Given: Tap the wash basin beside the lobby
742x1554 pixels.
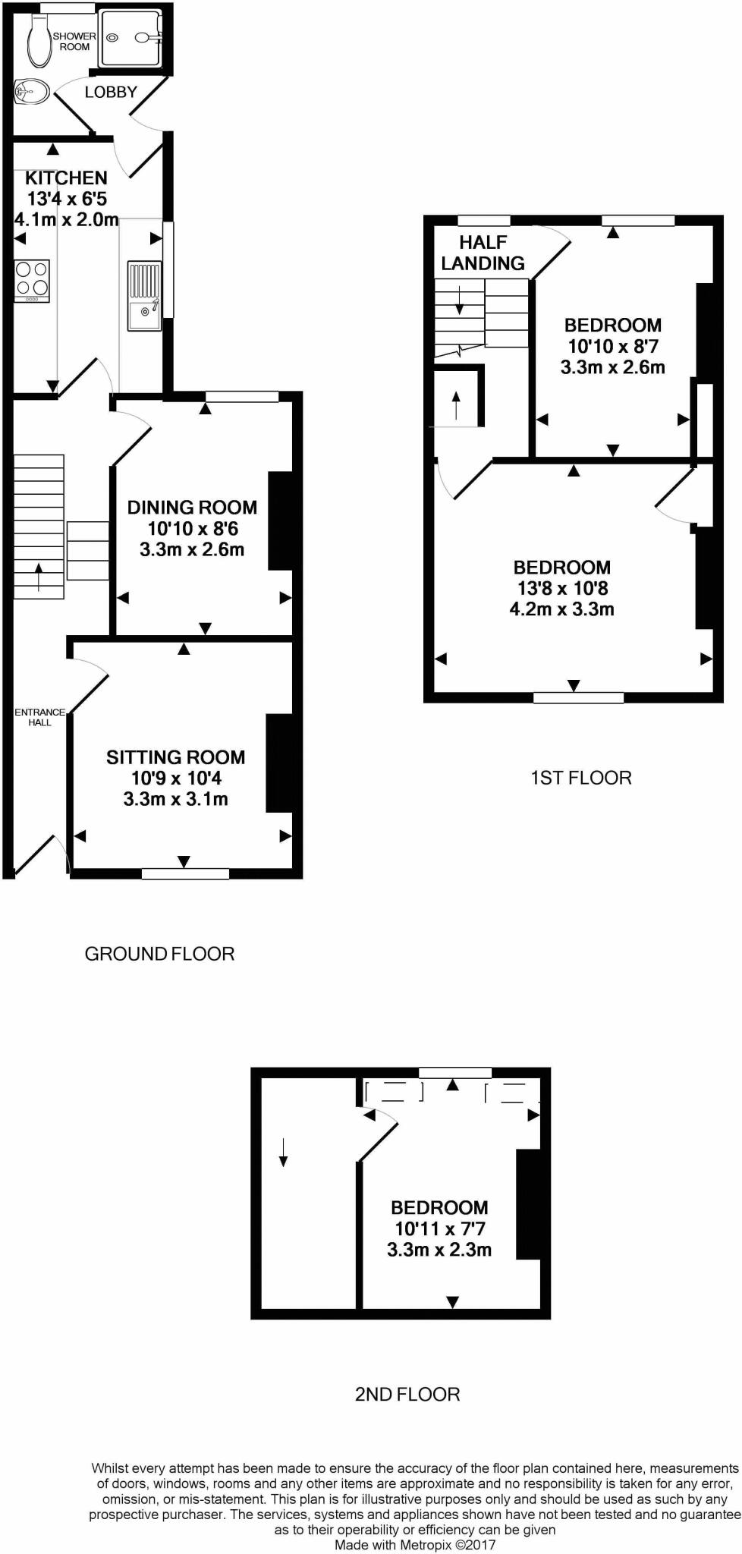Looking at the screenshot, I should [x=31, y=93].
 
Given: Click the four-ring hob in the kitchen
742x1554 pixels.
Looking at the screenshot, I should [x=32, y=278].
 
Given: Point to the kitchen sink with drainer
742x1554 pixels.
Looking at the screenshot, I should [x=144, y=295].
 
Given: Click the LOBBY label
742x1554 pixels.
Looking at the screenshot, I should [x=111, y=92].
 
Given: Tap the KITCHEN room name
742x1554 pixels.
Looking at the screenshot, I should [x=66, y=178].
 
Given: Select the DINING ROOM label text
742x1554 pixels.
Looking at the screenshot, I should [x=192, y=507].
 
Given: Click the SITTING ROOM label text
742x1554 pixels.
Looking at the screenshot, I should [x=175, y=757].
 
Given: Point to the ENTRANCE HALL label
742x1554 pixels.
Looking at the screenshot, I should [x=39, y=717].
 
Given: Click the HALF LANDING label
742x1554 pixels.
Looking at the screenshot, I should [x=483, y=253].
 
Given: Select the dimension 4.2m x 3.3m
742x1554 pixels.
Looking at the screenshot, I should [x=561, y=609].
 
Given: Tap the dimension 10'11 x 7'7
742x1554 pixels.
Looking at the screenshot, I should [x=439, y=1228].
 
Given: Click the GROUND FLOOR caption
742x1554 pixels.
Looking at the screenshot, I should [x=159, y=953].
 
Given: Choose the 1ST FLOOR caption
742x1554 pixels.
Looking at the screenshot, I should [x=580, y=777].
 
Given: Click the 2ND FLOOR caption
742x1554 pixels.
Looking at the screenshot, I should [x=407, y=1394].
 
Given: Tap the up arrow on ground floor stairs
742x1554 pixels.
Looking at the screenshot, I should [x=39, y=577].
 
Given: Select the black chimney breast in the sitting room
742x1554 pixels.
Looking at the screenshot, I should [x=278, y=763].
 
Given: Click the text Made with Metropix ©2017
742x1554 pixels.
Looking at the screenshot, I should [x=415, y=1544].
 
